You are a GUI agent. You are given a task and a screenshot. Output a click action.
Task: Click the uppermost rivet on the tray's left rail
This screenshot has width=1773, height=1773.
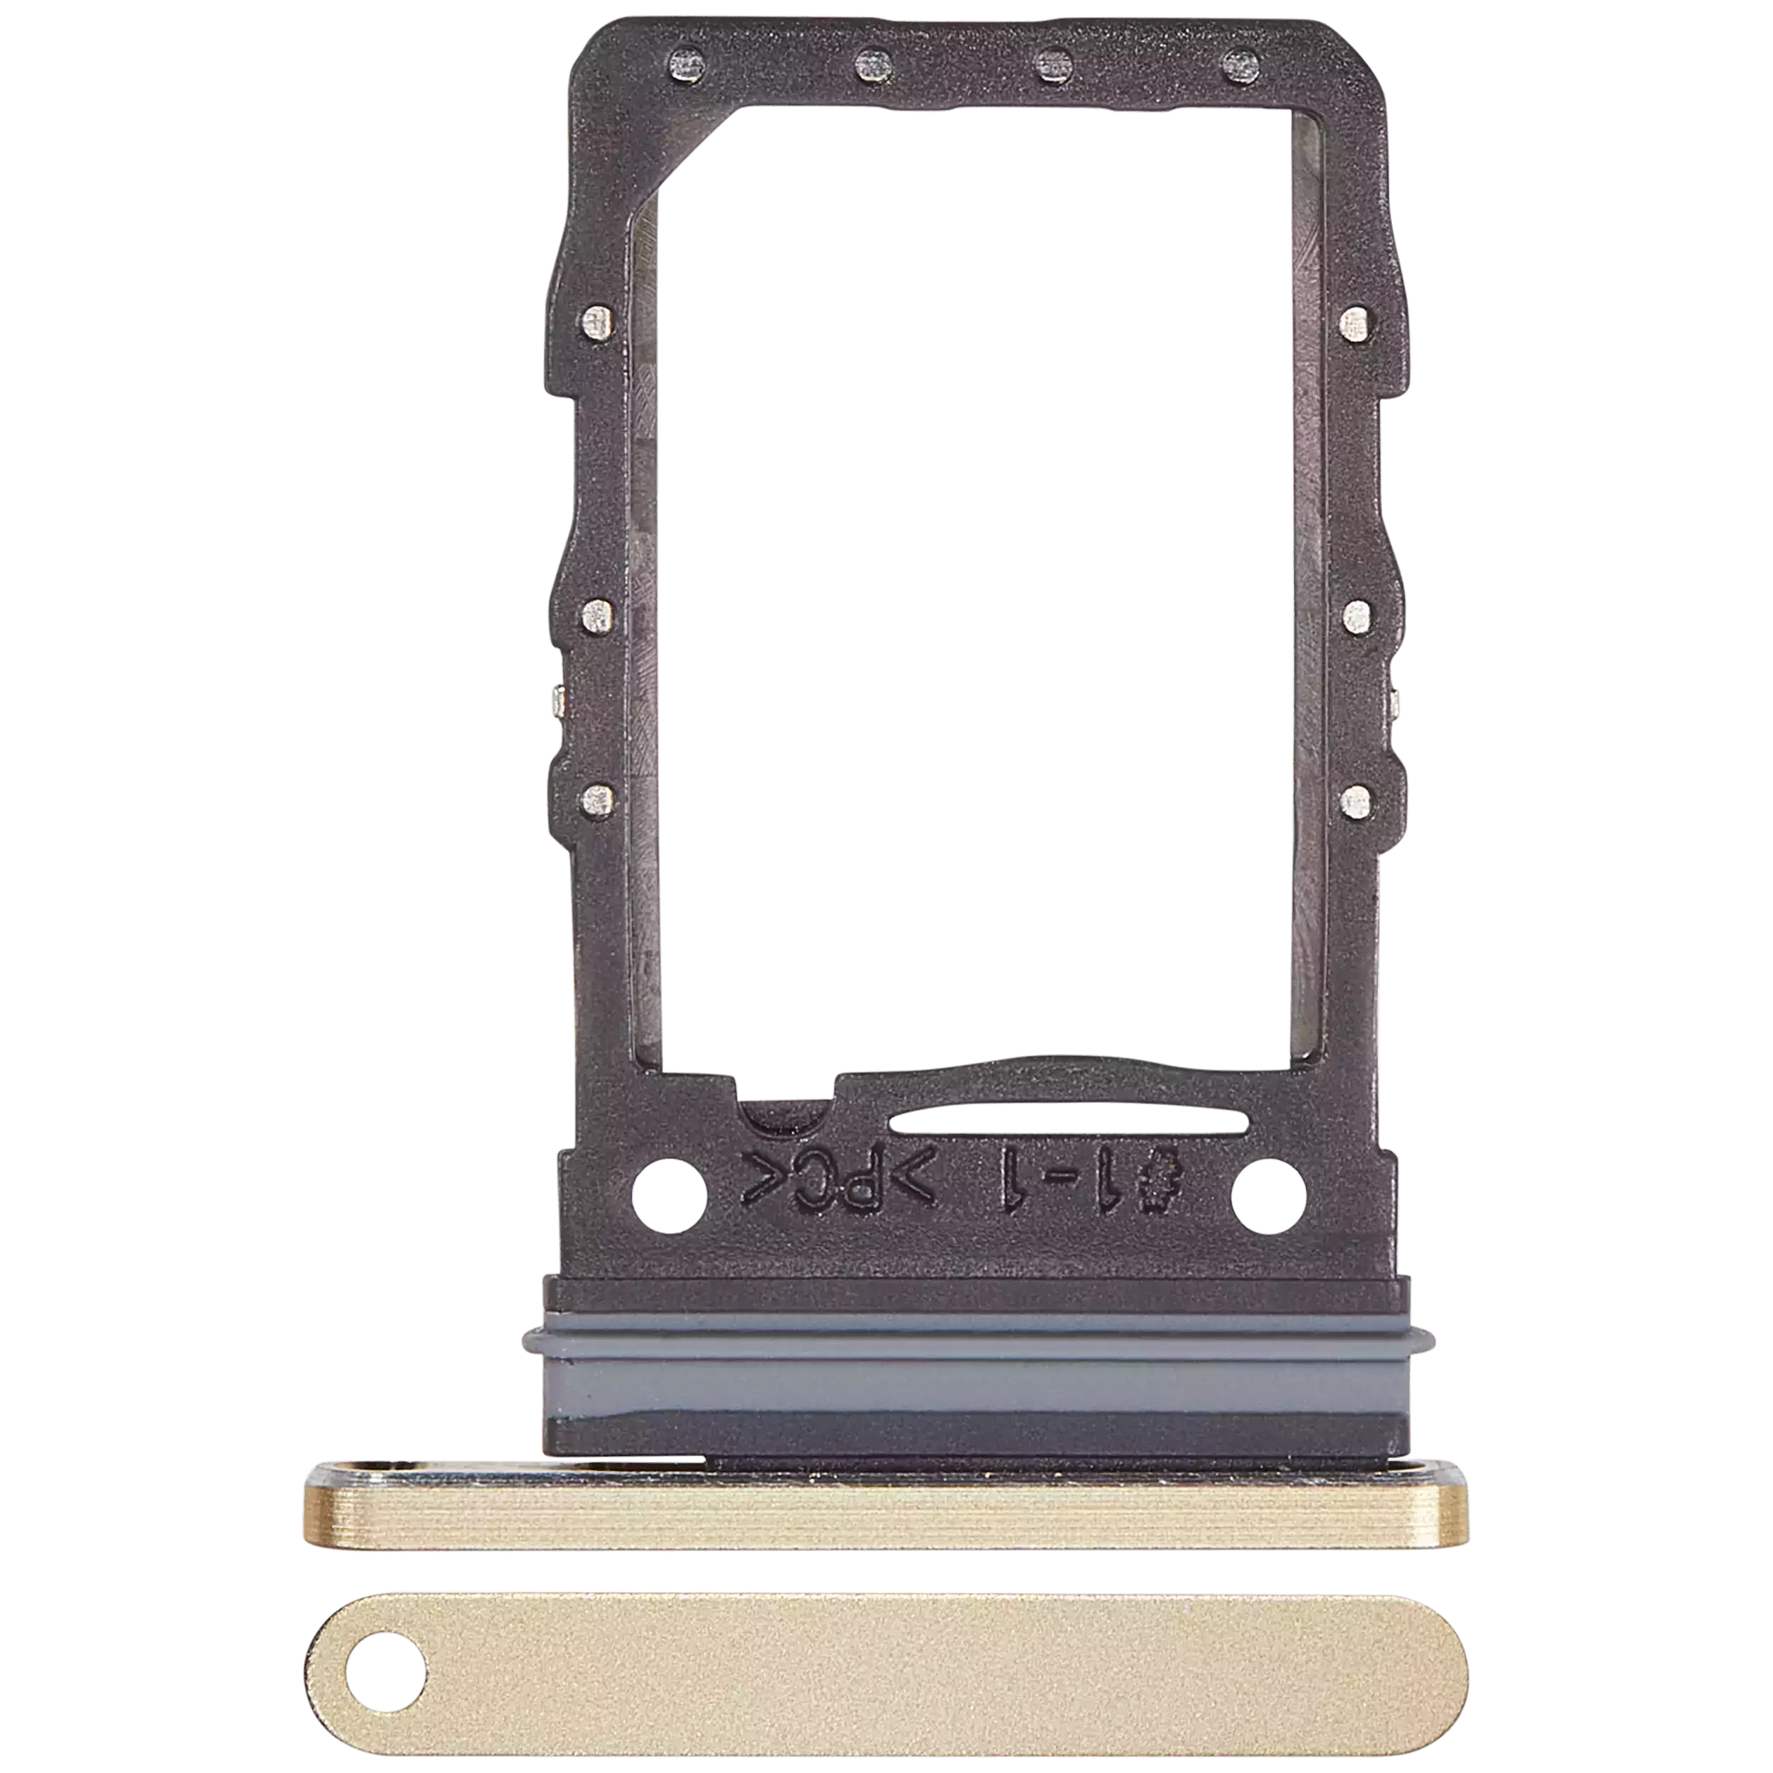pyautogui.click(x=597, y=323)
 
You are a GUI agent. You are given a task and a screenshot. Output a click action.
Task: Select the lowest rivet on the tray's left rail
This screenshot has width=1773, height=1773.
pyautogui.click(x=597, y=801)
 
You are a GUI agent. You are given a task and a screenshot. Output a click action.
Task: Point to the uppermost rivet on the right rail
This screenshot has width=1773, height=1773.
pyautogui.click(x=1354, y=323)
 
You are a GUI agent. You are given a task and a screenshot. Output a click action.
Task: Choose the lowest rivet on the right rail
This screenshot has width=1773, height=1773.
pyautogui.click(x=1354, y=801)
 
